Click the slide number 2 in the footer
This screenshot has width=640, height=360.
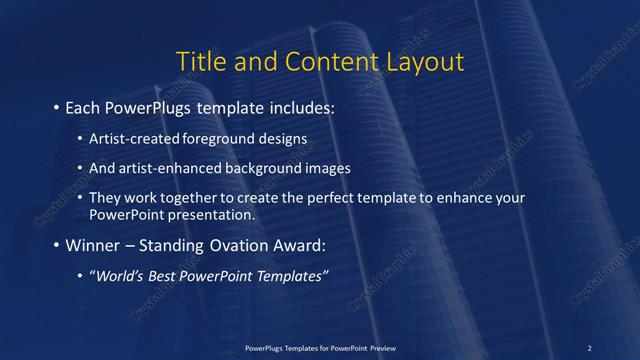[589, 347]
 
